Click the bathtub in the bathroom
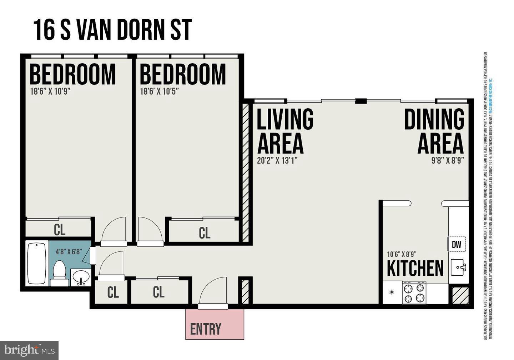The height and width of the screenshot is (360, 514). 37,264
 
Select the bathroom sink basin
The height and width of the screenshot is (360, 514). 82,277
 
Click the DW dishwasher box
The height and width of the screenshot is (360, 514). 457,244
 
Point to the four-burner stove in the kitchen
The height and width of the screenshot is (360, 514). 414,293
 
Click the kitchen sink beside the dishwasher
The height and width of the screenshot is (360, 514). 458,267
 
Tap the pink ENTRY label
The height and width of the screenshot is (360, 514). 206,329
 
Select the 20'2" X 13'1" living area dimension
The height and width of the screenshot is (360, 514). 277,160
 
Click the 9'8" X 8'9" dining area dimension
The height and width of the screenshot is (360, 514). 448,160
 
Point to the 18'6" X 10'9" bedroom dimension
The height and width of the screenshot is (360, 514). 50,91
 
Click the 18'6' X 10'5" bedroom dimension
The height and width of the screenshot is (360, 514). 159,91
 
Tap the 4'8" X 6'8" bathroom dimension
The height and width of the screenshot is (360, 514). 69,251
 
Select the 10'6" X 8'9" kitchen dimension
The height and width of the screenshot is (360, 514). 402,255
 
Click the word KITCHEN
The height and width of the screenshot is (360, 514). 415,269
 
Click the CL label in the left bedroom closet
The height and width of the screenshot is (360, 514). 60,230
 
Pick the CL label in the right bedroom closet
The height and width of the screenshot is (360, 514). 205,233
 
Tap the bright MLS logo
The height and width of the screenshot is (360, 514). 29,350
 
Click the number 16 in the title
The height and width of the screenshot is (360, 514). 44,30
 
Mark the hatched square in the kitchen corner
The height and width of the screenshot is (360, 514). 460,296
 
